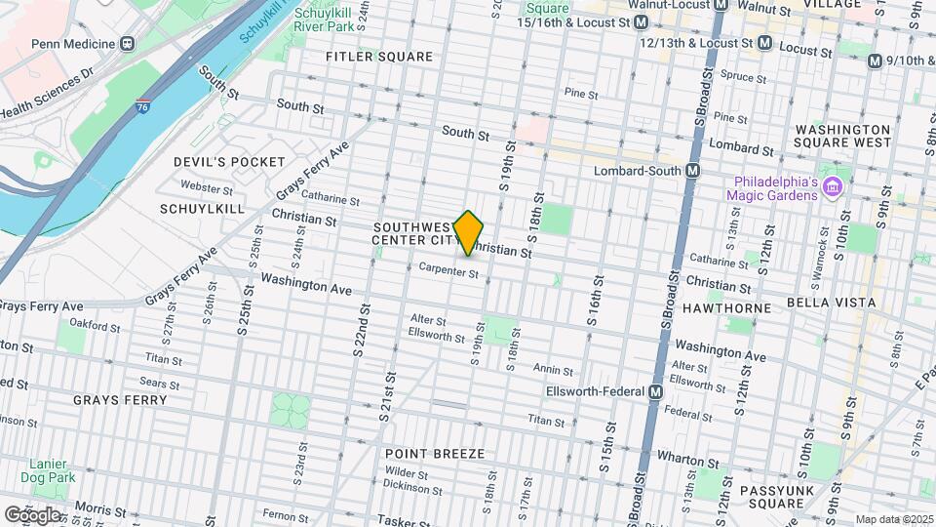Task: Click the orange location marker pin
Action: tap(469, 232)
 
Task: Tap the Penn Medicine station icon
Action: tap(127, 44)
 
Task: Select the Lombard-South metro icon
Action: tap(693, 171)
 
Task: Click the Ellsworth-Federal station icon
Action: tap(656, 391)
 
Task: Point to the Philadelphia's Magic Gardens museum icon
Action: tap(832, 186)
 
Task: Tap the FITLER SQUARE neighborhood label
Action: tap(379, 57)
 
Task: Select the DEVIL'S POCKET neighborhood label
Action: tap(229, 162)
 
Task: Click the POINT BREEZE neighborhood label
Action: tap(434, 454)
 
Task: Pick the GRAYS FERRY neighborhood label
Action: tap(120, 400)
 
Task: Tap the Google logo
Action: tap(32, 514)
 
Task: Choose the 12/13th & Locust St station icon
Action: tap(765, 43)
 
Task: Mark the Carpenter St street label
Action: tap(448, 272)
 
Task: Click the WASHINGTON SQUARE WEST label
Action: tap(842, 136)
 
